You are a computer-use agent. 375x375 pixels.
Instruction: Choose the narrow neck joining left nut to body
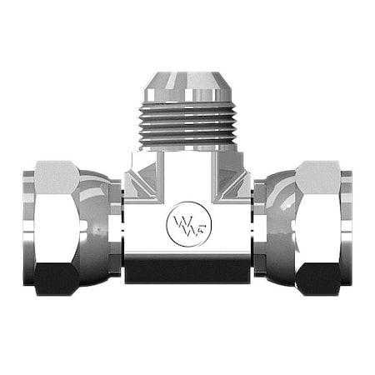click(118, 225)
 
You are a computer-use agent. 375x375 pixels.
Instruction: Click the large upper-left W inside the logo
click(181, 222)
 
